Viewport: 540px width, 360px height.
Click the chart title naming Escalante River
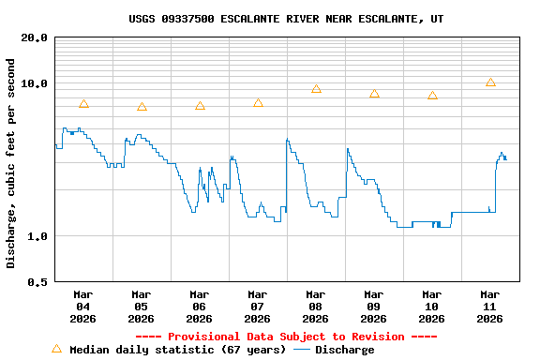(286, 19)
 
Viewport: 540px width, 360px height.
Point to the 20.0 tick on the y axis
(35, 37)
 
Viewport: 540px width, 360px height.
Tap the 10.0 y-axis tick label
(35, 83)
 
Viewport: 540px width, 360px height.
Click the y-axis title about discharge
(11, 163)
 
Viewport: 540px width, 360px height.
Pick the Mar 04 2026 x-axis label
(82, 306)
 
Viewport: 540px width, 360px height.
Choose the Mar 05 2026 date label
(141, 306)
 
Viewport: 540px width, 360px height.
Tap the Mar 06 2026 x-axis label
(199, 306)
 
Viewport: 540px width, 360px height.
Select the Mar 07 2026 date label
(257, 306)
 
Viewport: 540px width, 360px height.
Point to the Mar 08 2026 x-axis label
(315, 306)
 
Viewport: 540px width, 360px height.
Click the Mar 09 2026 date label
(373, 306)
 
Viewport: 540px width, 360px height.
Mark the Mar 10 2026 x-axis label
(431, 306)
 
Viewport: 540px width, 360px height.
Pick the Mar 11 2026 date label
(489, 306)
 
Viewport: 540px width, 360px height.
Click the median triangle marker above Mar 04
(83, 104)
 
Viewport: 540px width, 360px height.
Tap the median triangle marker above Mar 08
(316, 89)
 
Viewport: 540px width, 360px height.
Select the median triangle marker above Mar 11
(490, 82)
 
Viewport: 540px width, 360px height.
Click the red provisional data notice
(286, 337)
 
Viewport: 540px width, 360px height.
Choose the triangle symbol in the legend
(56, 349)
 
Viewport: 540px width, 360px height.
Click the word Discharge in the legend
(344, 350)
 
